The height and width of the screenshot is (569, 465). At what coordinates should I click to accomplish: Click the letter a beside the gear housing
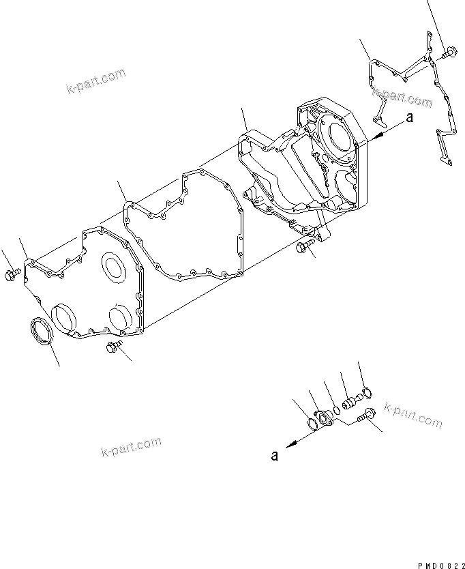pyautogui.click(x=409, y=118)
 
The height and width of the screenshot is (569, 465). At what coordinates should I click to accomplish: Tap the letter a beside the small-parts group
pyautogui.click(x=275, y=456)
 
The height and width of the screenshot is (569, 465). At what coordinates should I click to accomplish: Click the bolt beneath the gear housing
pyautogui.click(x=304, y=247)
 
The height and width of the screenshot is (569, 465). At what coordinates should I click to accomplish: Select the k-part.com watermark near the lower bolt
pyautogui.click(x=413, y=415)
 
